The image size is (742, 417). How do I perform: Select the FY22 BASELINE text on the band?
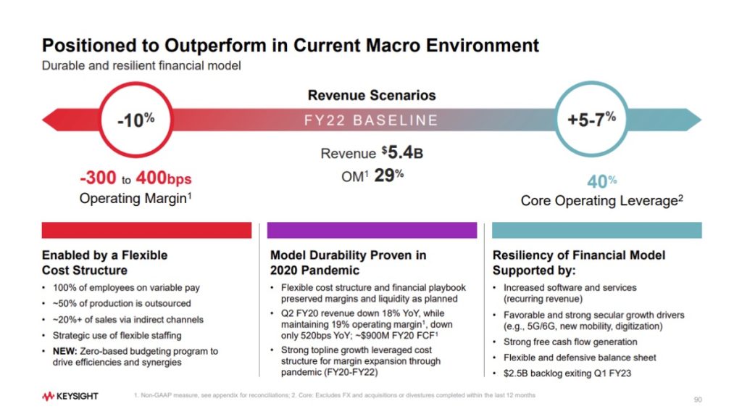click(371, 120)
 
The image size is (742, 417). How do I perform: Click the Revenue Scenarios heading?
click(372, 95)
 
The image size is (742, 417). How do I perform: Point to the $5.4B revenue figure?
click(402, 152)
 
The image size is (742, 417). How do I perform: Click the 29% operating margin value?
click(389, 176)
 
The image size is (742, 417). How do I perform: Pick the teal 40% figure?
click(602, 181)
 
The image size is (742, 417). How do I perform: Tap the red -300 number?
click(98, 178)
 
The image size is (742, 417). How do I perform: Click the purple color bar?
click(372, 231)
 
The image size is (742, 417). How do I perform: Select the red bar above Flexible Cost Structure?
click(146, 231)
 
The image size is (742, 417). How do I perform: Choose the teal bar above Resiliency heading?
click(597, 231)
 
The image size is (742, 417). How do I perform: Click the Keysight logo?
click(70, 396)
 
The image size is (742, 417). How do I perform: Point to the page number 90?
click(698, 400)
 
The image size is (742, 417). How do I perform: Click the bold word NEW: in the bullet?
click(64, 351)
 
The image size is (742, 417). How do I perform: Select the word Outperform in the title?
click(215, 46)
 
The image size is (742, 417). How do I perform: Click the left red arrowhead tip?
click(43, 120)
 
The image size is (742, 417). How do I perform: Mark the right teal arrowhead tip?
click(701, 120)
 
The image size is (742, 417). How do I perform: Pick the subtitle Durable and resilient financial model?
click(141, 65)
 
